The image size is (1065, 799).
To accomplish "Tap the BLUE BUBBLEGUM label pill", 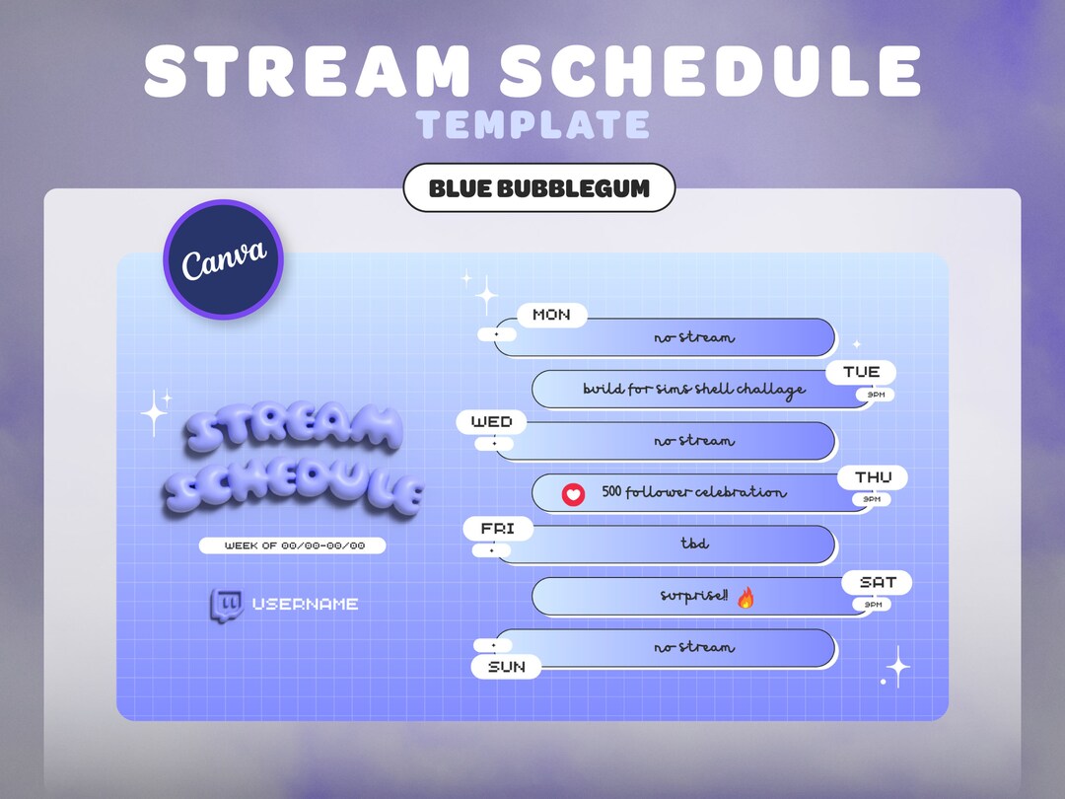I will tap(539, 188).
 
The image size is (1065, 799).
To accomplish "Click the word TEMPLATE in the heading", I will tap(532, 125).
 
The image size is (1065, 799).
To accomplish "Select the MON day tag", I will tap(551, 315).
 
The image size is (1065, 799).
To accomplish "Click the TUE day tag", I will tap(861, 372).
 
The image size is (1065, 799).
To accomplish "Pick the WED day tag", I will tap(491, 422).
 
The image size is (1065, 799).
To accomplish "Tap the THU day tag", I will tap(873, 477).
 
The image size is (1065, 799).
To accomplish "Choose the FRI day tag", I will tap(498, 529).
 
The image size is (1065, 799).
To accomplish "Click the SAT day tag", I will tap(877, 582).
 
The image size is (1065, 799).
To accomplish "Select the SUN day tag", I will tap(507, 667).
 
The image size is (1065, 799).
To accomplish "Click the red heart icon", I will tap(573, 493).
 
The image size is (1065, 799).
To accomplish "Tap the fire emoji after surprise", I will tap(745, 597).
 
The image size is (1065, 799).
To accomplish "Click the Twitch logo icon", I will tap(226, 604).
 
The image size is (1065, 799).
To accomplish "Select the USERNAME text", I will tap(305, 604).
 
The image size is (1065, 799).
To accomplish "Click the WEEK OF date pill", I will tap(293, 545).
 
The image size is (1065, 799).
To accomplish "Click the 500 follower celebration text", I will tap(694, 492).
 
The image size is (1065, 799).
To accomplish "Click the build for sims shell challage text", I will tap(694, 389).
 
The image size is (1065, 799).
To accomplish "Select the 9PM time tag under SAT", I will tap(872, 604).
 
